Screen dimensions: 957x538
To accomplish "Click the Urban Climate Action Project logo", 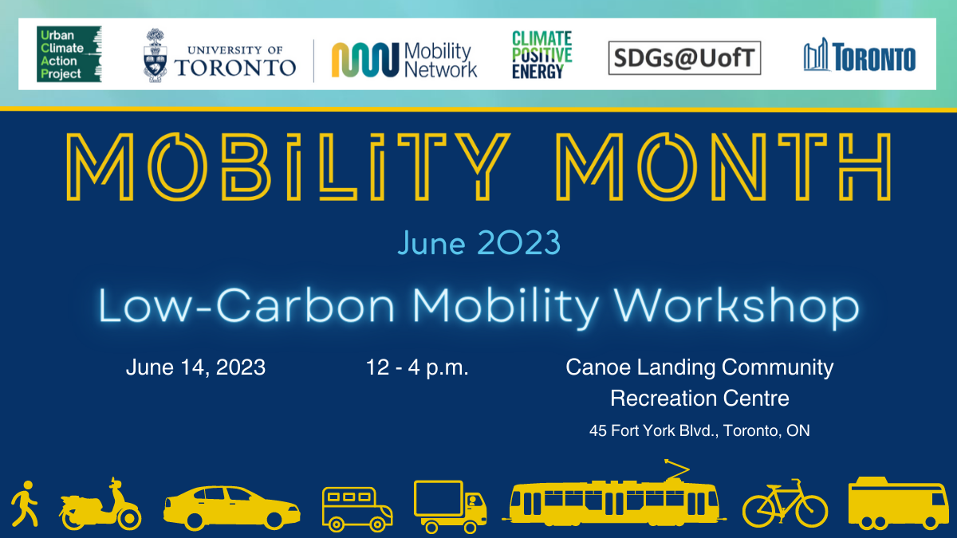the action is pyautogui.click(x=69, y=54).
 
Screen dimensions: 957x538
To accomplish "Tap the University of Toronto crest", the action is pyautogui.click(x=155, y=56).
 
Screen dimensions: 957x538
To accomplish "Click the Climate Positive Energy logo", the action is pyautogui.click(x=542, y=55).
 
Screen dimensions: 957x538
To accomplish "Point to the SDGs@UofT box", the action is pyautogui.click(x=684, y=58).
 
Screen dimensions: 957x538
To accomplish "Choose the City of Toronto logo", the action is pyautogui.click(x=859, y=55).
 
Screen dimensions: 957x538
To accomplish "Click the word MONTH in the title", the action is pyautogui.click(x=723, y=167).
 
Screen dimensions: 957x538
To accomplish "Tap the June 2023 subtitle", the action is pyautogui.click(x=479, y=243).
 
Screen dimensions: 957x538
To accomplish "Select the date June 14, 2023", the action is pyautogui.click(x=195, y=367).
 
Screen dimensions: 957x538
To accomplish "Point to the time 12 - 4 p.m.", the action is pyautogui.click(x=417, y=367).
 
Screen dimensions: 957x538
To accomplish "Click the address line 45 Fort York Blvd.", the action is pyautogui.click(x=699, y=430).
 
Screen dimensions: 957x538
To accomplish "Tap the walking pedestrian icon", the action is pyautogui.click(x=25, y=504).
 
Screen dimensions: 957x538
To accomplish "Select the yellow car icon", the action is pyautogui.click(x=231, y=508).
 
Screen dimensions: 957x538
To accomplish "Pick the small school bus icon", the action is pyautogui.click(x=357, y=509).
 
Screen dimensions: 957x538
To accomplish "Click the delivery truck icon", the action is pyautogui.click(x=450, y=507).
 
